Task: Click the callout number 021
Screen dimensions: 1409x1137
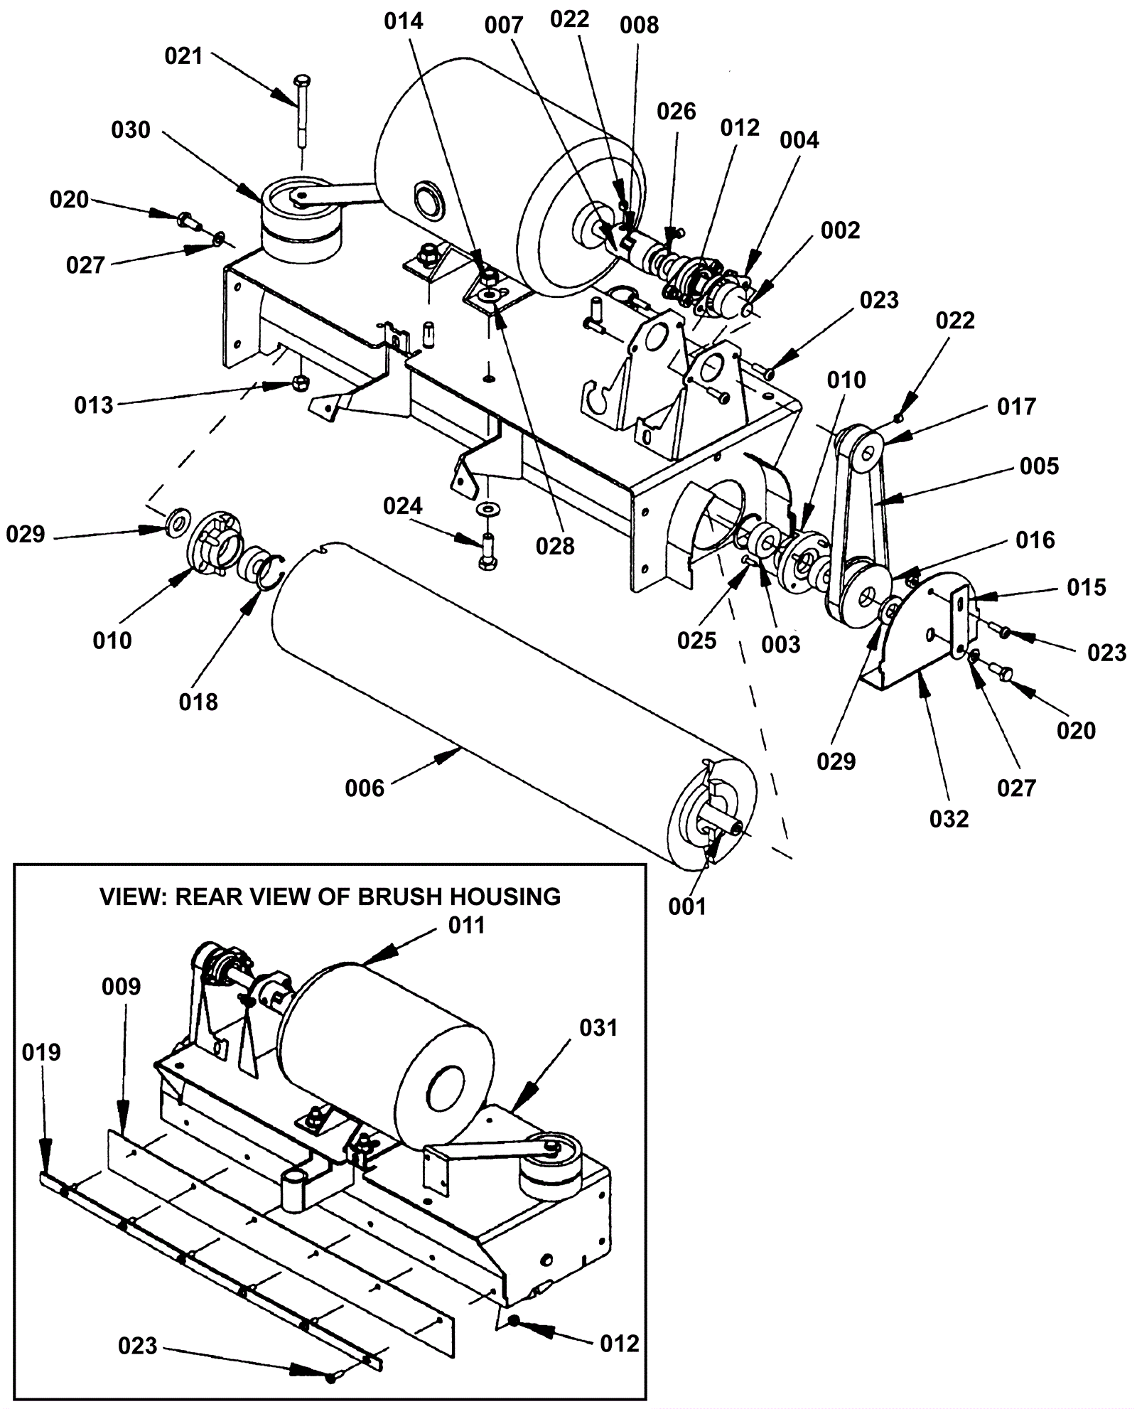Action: pyautogui.click(x=183, y=56)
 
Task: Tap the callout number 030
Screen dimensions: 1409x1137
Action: pyautogui.click(x=131, y=130)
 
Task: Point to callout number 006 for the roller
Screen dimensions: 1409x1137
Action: pyautogui.click(x=365, y=788)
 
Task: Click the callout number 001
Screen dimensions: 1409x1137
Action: pyautogui.click(x=687, y=906)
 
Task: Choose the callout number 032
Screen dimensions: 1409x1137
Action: pyautogui.click(x=949, y=819)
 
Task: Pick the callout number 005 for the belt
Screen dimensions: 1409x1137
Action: pyautogui.click(x=1039, y=466)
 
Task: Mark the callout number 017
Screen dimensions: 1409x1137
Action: pyautogui.click(x=1017, y=407)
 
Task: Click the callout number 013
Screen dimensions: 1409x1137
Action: pyautogui.click(x=94, y=405)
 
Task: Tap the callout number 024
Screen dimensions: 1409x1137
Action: pyautogui.click(x=403, y=506)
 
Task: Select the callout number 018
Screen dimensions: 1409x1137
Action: pyautogui.click(x=198, y=702)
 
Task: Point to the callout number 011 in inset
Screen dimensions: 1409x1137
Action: pyautogui.click(x=467, y=925)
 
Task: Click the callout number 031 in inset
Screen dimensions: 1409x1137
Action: pyautogui.click(x=599, y=1028)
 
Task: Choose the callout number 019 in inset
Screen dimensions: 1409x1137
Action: pyautogui.click(x=41, y=1052)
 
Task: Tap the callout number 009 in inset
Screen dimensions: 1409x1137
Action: pyautogui.click(x=122, y=987)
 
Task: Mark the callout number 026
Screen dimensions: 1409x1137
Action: pyautogui.click(x=676, y=111)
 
